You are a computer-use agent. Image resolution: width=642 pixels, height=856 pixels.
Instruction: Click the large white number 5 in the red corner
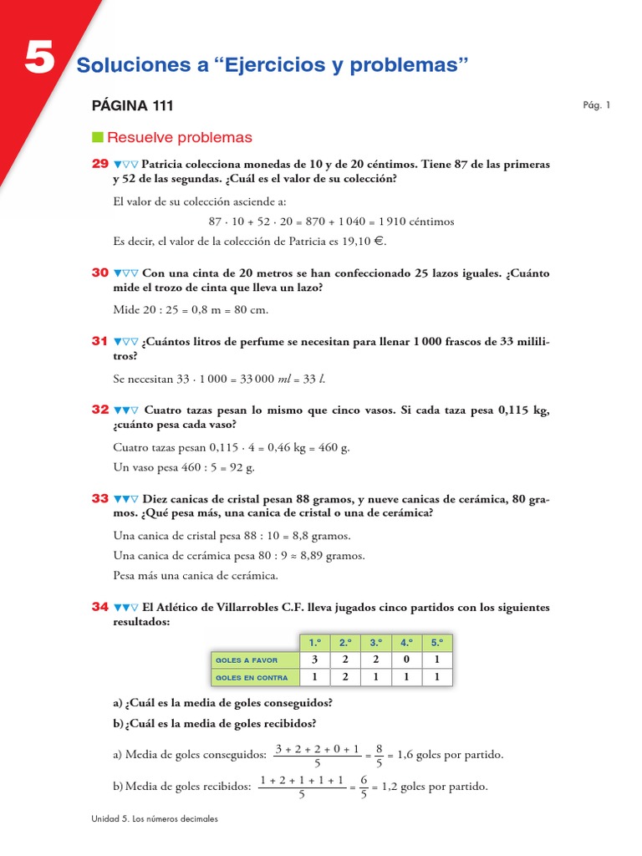click(x=39, y=60)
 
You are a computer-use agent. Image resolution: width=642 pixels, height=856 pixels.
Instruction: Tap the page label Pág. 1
click(x=597, y=105)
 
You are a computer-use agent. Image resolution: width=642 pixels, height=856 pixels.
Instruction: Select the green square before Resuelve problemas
click(x=97, y=137)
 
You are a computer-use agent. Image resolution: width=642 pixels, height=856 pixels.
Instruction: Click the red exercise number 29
click(x=100, y=164)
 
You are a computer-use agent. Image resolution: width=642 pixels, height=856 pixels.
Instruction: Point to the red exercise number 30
click(x=100, y=273)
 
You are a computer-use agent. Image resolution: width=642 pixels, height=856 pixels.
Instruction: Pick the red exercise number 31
click(x=100, y=341)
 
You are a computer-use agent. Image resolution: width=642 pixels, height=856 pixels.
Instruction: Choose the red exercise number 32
click(x=100, y=410)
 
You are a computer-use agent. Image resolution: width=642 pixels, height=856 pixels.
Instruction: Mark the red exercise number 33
click(x=100, y=498)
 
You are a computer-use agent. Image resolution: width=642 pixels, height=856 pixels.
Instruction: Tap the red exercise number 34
click(x=100, y=607)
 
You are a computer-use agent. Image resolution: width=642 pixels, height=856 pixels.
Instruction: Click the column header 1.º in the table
click(x=315, y=643)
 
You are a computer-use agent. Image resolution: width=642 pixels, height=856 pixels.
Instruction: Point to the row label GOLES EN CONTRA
click(x=252, y=678)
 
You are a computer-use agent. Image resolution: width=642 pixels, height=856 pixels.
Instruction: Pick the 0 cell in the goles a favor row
click(x=406, y=660)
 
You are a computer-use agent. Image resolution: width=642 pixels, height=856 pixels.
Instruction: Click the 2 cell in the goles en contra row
click(x=345, y=678)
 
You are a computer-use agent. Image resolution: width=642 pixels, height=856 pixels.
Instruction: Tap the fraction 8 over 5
click(x=379, y=755)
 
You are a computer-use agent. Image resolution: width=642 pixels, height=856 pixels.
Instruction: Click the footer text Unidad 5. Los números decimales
click(x=155, y=819)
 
